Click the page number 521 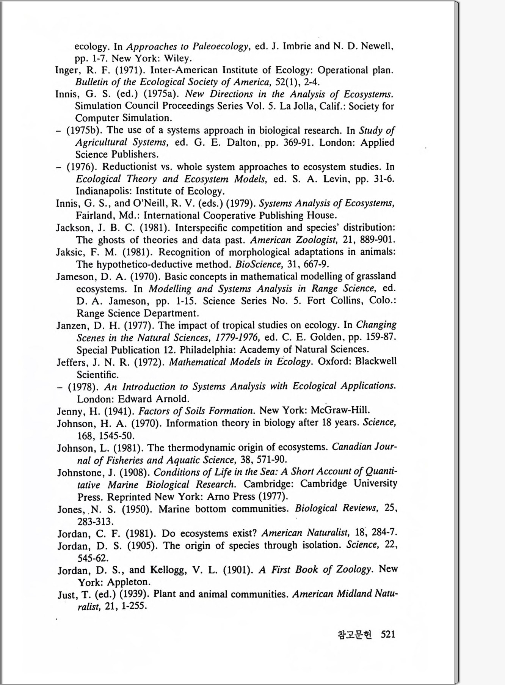(388, 634)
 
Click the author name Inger (67, 71)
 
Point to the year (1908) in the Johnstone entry (135, 473)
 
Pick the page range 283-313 (95, 521)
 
